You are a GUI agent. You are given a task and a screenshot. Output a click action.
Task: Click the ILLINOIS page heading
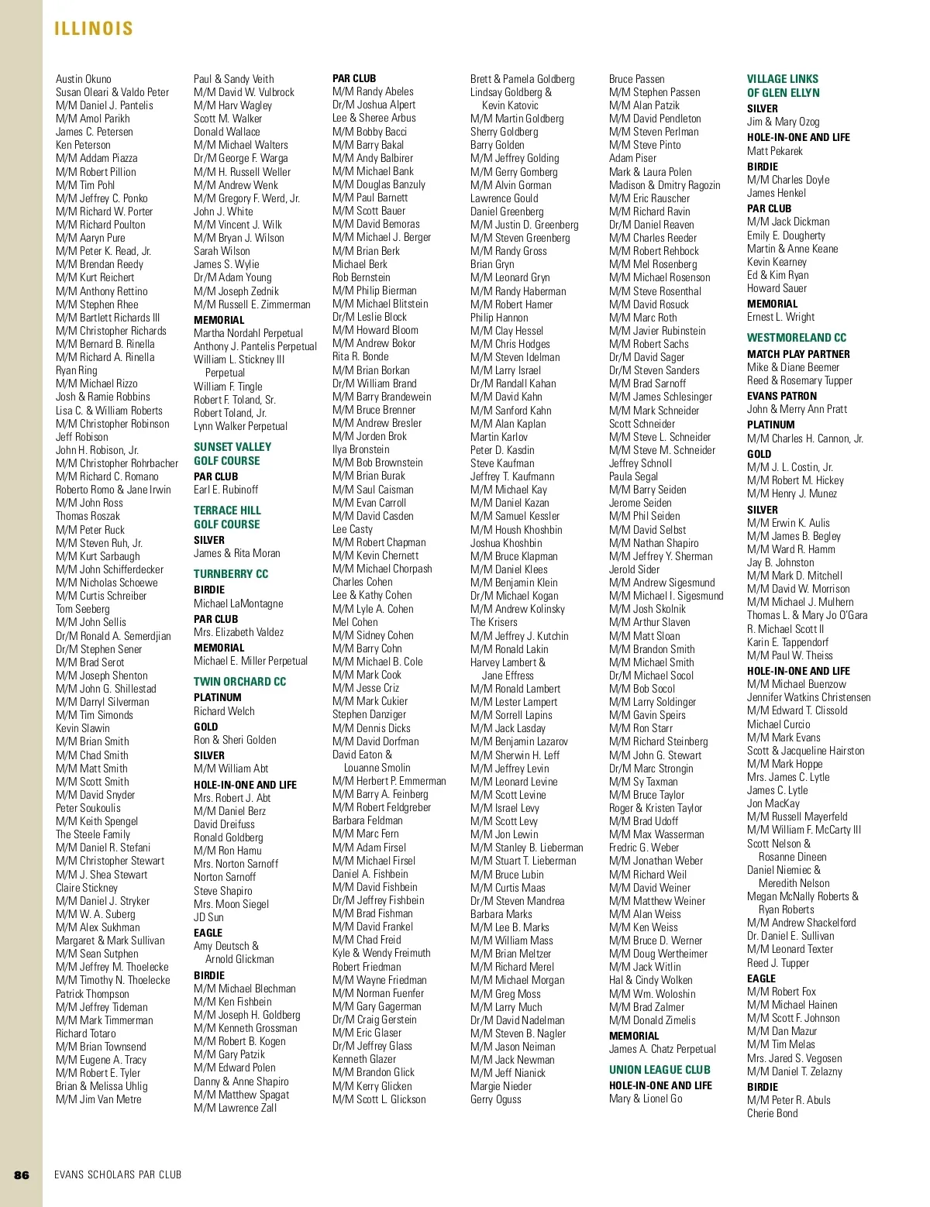click(94, 29)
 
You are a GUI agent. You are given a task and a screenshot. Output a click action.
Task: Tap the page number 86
click(22, 1174)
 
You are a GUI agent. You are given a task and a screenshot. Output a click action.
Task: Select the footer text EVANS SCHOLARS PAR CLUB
click(118, 1174)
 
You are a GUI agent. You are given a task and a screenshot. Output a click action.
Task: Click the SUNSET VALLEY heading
click(232, 447)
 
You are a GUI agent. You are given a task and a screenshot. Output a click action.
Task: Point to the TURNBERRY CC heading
click(231, 574)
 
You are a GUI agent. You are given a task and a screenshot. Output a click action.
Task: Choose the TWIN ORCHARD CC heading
click(239, 682)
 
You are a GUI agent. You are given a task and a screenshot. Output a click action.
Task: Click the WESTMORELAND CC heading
click(797, 338)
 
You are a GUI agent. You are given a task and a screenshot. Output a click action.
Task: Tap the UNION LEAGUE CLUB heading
click(660, 1070)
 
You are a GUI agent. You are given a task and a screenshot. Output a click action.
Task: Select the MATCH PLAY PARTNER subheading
click(798, 354)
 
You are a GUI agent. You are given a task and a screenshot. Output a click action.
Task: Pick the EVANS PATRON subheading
click(782, 396)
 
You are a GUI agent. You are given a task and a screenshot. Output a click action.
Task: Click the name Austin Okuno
click(84, 79)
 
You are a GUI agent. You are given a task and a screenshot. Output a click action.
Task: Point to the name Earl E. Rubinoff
click(226, 490)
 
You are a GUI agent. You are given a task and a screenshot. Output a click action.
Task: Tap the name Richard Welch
click(224, 711)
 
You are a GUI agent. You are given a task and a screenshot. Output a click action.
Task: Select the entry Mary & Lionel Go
click(646, 1099)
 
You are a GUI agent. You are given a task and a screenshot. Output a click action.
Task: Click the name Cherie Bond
click(772, 1113)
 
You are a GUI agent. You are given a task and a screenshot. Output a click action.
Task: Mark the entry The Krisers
click(494, 622)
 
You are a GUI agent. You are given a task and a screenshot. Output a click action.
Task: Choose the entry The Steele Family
click(93, 834)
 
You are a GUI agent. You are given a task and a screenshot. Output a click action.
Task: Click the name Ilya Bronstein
click(361, 449)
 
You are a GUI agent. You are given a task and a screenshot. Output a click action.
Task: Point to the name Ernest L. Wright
click(780, 317)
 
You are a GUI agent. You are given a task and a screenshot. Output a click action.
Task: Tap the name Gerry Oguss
click(496, 1099)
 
